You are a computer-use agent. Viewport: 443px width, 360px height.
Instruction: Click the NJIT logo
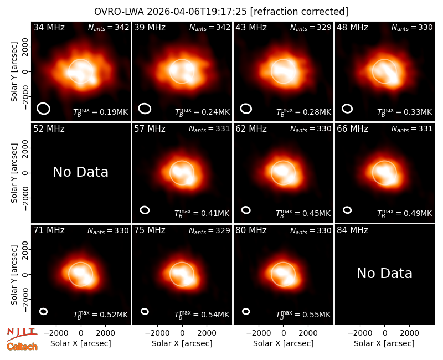point(22,334)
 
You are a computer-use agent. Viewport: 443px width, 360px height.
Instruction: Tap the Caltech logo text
point(22,347)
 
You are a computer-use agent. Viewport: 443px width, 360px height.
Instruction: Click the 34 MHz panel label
point(49,27)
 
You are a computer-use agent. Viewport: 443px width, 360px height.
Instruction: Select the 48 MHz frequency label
point(352,27)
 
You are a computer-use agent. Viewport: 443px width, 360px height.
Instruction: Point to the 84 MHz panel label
point(352,230)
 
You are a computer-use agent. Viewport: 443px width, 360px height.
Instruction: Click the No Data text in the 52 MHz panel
point(80,172)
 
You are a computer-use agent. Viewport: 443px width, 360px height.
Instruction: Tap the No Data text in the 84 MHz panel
point(384,273)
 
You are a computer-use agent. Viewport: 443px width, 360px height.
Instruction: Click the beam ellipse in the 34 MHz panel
point(44,109)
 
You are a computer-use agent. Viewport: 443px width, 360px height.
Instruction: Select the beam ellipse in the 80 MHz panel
point(246,311)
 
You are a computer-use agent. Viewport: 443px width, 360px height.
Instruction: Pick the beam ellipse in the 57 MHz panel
point(145,210)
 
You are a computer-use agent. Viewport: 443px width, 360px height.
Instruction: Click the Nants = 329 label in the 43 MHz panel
point(311,27)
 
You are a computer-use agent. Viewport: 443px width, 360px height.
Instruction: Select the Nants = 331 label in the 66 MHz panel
point(412,129)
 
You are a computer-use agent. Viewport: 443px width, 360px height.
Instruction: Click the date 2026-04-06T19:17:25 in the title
point(197,12)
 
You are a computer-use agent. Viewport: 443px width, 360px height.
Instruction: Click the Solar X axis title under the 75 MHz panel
point(182,343)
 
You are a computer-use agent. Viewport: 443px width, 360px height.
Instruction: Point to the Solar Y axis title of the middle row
point(14,173)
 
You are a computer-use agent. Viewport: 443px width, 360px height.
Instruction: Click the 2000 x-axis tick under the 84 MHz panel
point(409,333)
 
